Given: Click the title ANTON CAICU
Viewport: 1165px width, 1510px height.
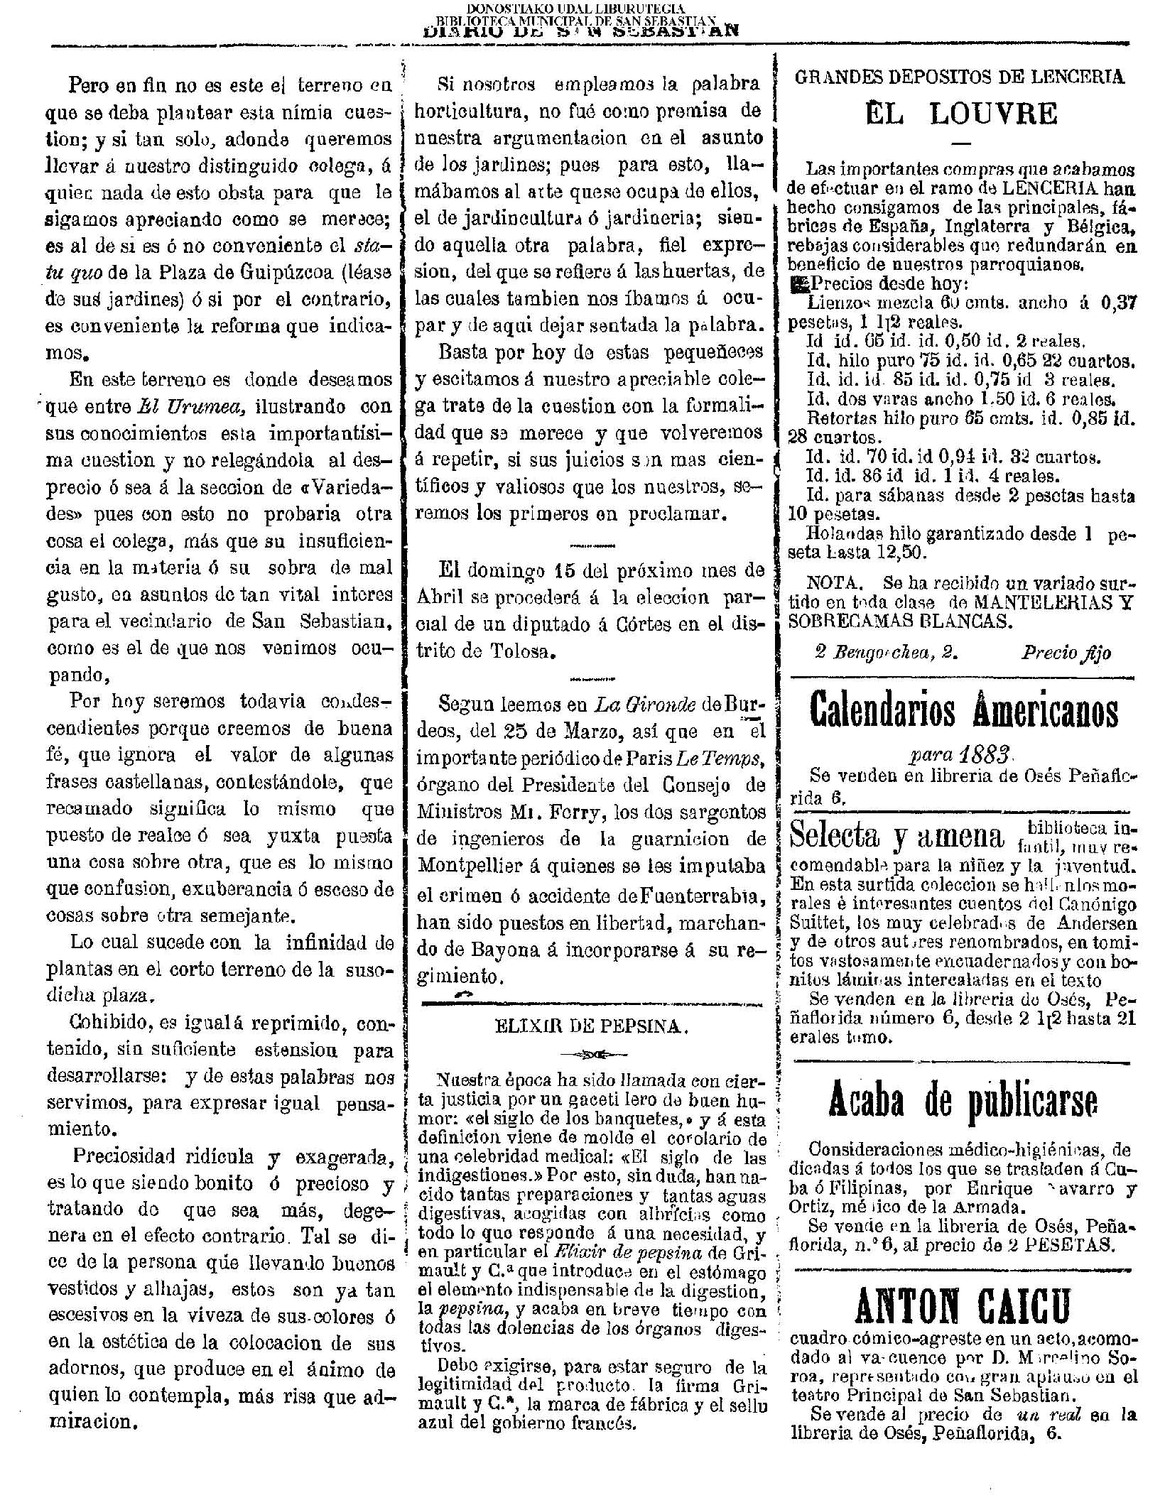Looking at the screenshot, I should (x=963, y=1306).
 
